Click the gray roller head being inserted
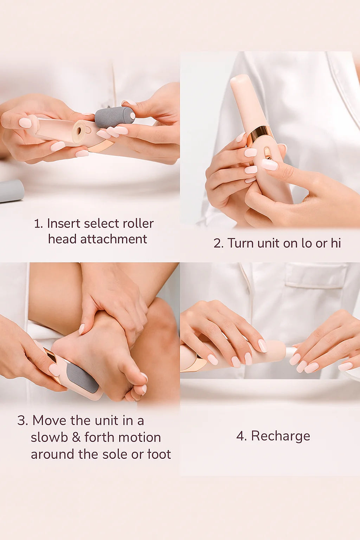(114, 117)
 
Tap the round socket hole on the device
(78, 131)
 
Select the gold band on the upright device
(260, 133)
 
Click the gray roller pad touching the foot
(82, 378)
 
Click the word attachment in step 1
(114, 239)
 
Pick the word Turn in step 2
(240, 243)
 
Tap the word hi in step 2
(335, 243)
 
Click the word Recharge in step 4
(280, 436)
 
